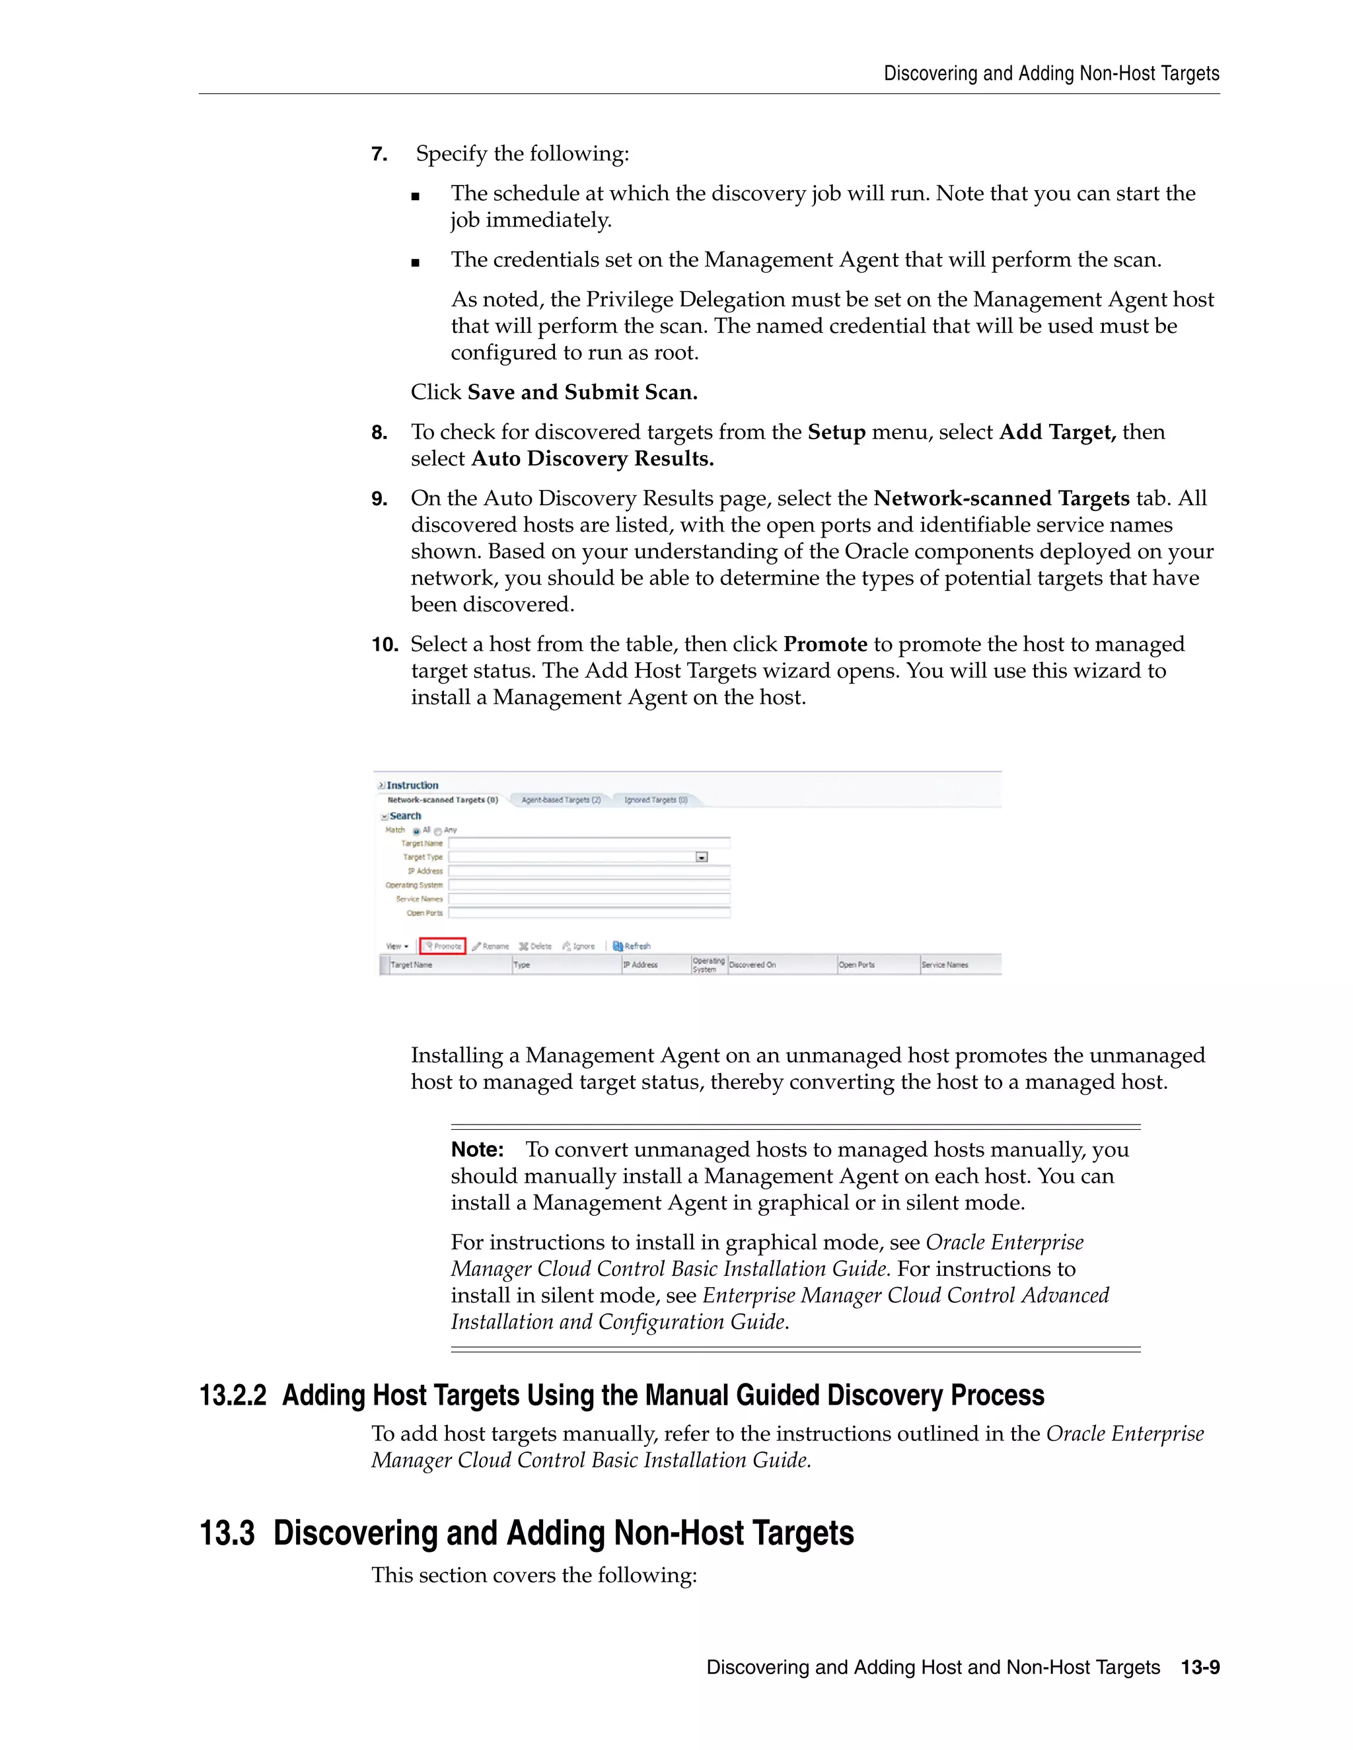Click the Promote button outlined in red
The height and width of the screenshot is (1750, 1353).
[x=443, y=946]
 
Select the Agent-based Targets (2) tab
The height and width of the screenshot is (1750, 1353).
[x=560, y=800]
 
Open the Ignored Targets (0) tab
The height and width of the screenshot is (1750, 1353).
[x=655, y=800]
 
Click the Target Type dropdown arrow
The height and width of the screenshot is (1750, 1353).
[x=702, y=857]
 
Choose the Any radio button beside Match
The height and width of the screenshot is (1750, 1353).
[x=437, y=831]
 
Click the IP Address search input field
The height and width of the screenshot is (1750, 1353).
[x=589, y=871]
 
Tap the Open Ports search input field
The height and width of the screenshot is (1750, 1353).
[x=589, y=913]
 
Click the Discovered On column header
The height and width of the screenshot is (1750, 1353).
[x=752, y=965]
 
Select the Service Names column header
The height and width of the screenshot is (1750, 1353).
[x=944, y=965]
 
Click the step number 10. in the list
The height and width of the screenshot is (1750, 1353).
[x=384, y=645]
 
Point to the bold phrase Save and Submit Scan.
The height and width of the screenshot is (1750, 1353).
[x=582, y=392]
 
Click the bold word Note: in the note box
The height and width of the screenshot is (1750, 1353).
[x=477, y=1150]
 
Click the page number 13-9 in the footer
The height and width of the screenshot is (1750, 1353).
[x=1200, y=1667]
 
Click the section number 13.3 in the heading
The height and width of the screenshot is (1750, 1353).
[x=227, y=1533]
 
